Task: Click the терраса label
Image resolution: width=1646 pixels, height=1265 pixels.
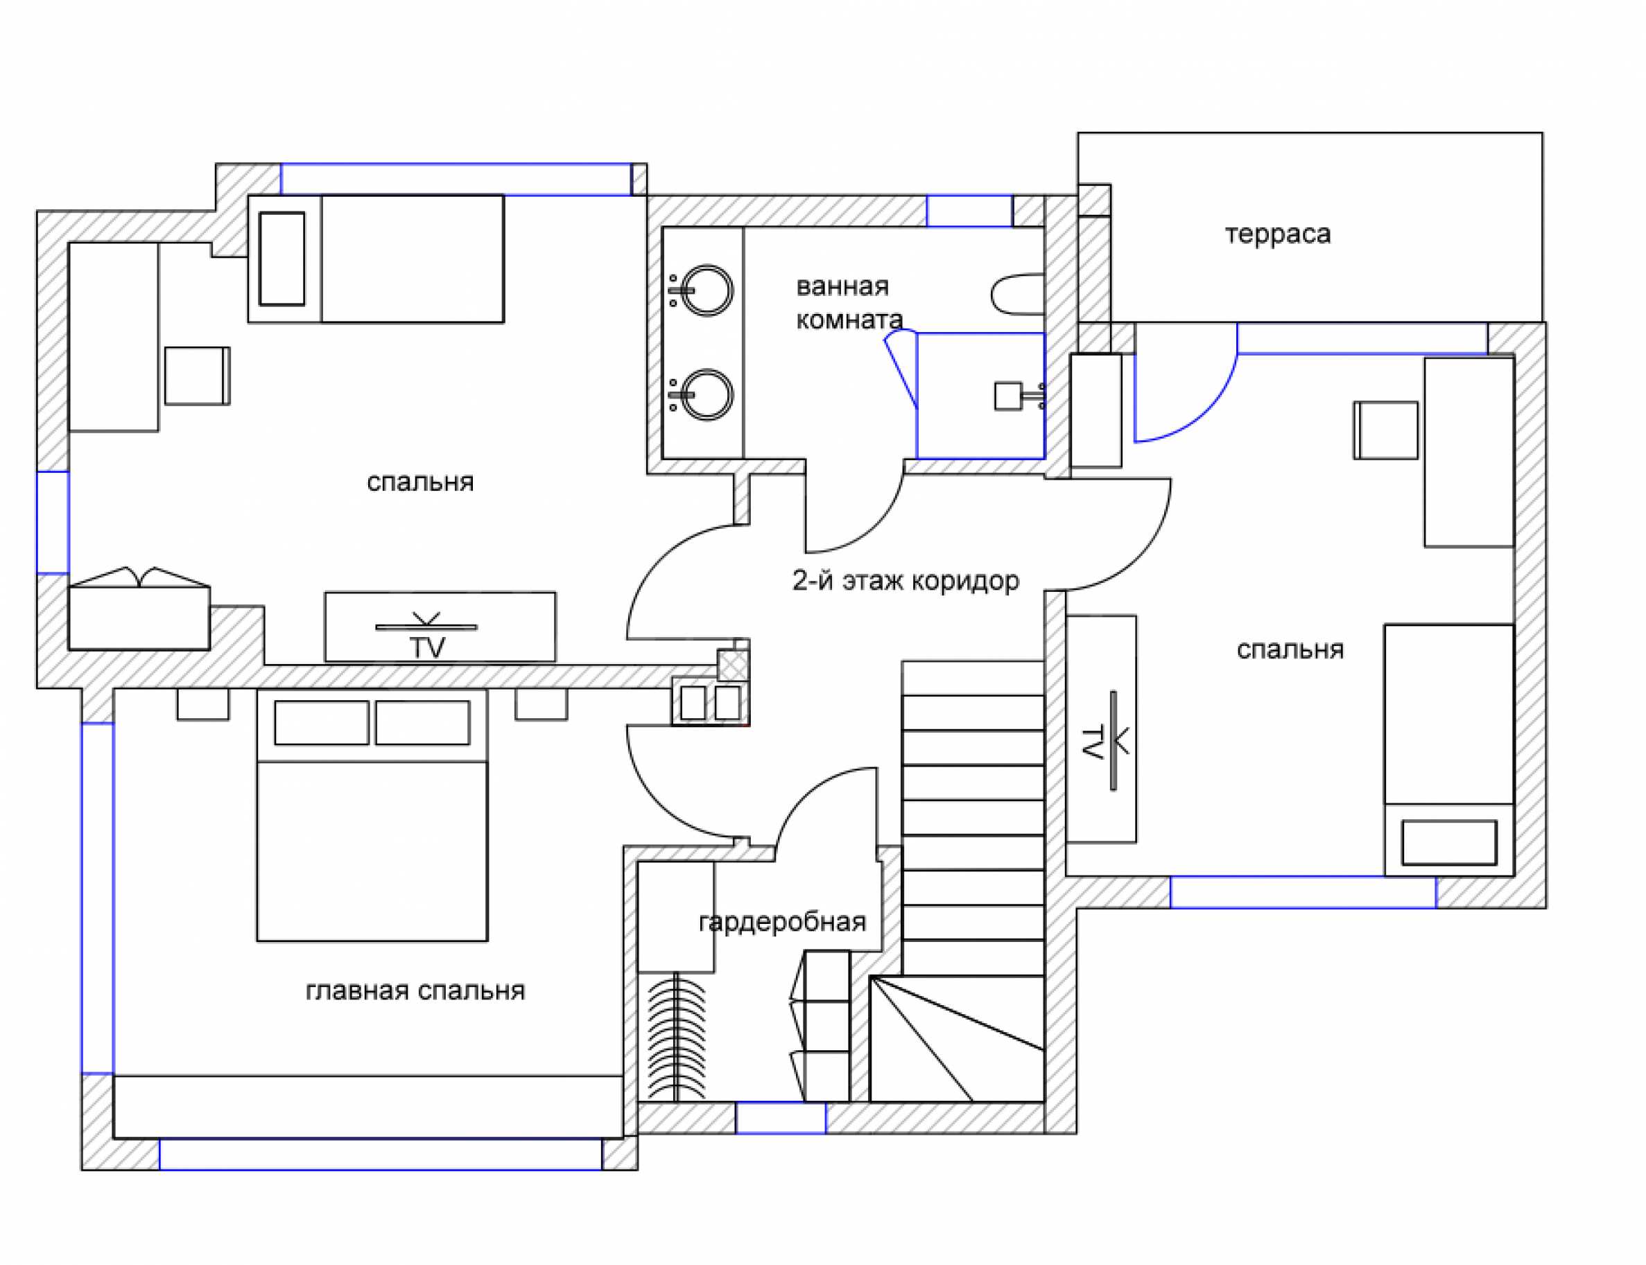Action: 1277,234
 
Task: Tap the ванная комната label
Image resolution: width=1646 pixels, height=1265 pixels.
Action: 849,303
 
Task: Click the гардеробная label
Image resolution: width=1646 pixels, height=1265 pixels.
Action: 782,922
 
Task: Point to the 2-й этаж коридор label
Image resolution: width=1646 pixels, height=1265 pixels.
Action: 905,581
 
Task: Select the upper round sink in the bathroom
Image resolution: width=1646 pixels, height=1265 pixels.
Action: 707,290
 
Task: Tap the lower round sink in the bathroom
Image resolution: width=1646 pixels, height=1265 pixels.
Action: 707,394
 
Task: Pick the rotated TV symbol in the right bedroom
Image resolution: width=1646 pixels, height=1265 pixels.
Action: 1105,742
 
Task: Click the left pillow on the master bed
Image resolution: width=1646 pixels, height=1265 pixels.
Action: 322,723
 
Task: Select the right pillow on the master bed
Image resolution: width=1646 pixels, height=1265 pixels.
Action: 422,723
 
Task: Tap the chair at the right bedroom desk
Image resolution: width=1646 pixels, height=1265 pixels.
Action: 1385,430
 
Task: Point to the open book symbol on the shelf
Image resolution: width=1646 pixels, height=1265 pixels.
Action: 140,578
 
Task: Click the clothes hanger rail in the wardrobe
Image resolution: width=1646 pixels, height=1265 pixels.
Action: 676,1038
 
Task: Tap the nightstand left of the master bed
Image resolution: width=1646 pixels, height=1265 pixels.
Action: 202,705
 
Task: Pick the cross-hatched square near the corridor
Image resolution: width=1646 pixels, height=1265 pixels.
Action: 733,665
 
